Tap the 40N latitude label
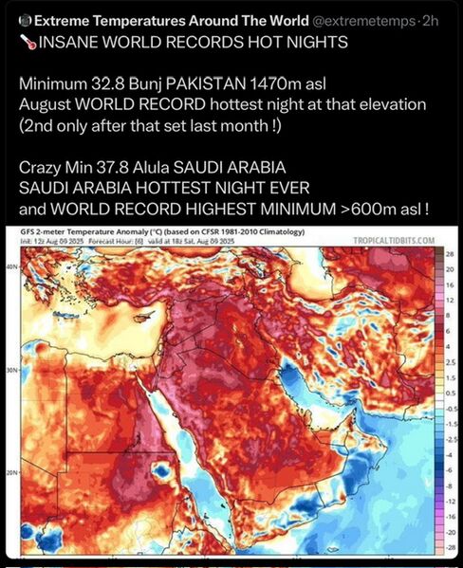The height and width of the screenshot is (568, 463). [11, 268]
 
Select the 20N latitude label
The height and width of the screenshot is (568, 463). [11, 472]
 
